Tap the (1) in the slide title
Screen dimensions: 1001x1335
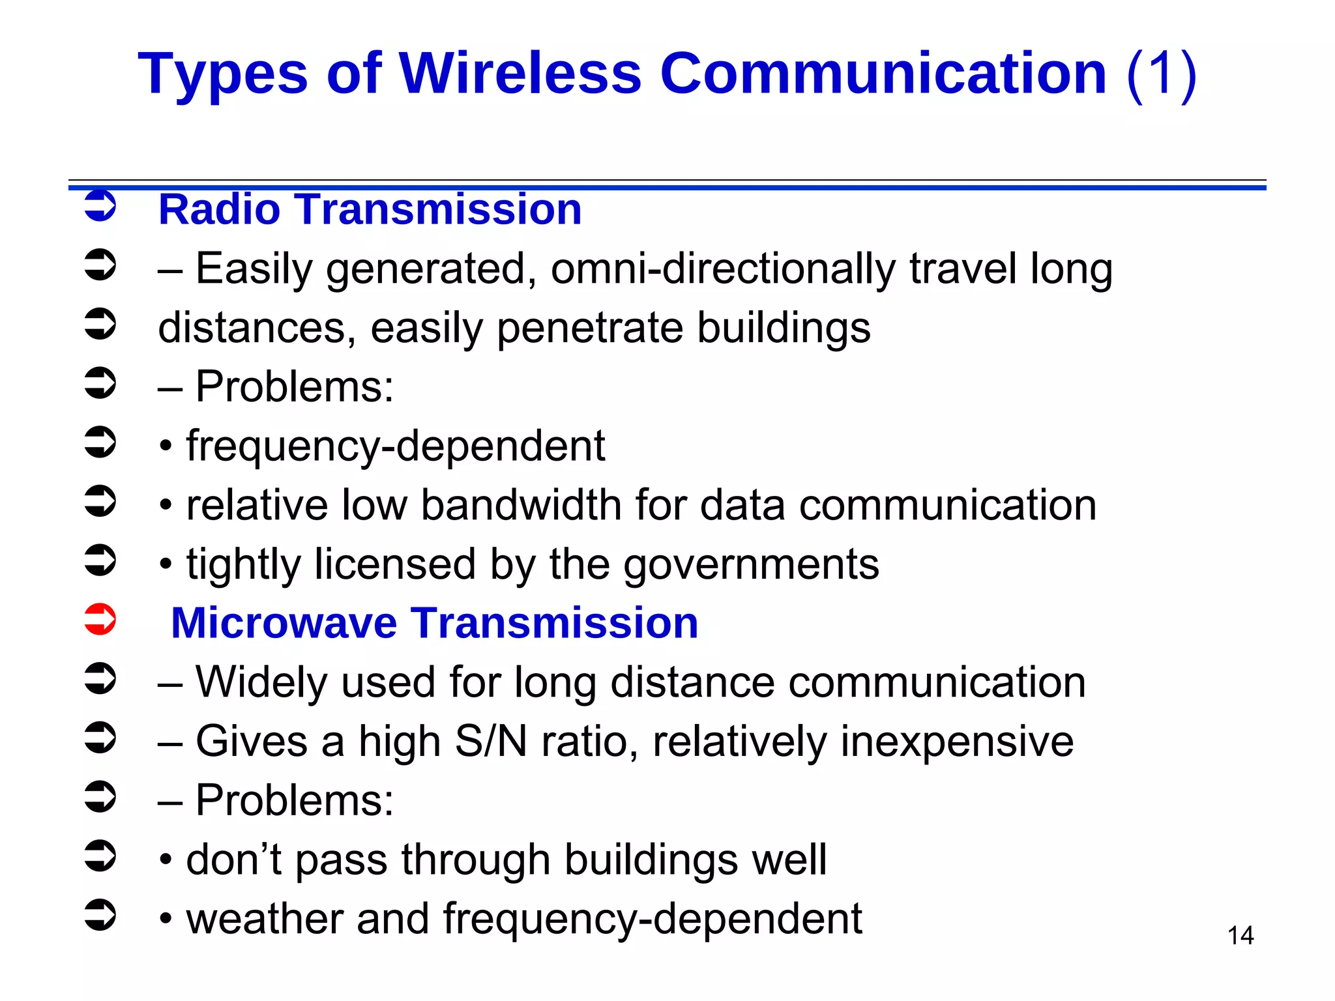[1162, 74]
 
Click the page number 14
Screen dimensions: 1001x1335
[1240, 936]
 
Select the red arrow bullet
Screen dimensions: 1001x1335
[100, 620]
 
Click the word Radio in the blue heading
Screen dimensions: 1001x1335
[219, 210]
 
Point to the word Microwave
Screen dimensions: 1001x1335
[284, 623]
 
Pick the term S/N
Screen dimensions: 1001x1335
[490, 742]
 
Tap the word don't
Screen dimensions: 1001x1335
[233, 860]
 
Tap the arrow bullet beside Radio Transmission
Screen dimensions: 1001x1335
[100, 206]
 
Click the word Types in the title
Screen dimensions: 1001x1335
[222, 74]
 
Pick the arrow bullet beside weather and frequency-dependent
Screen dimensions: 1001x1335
[100, 915]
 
